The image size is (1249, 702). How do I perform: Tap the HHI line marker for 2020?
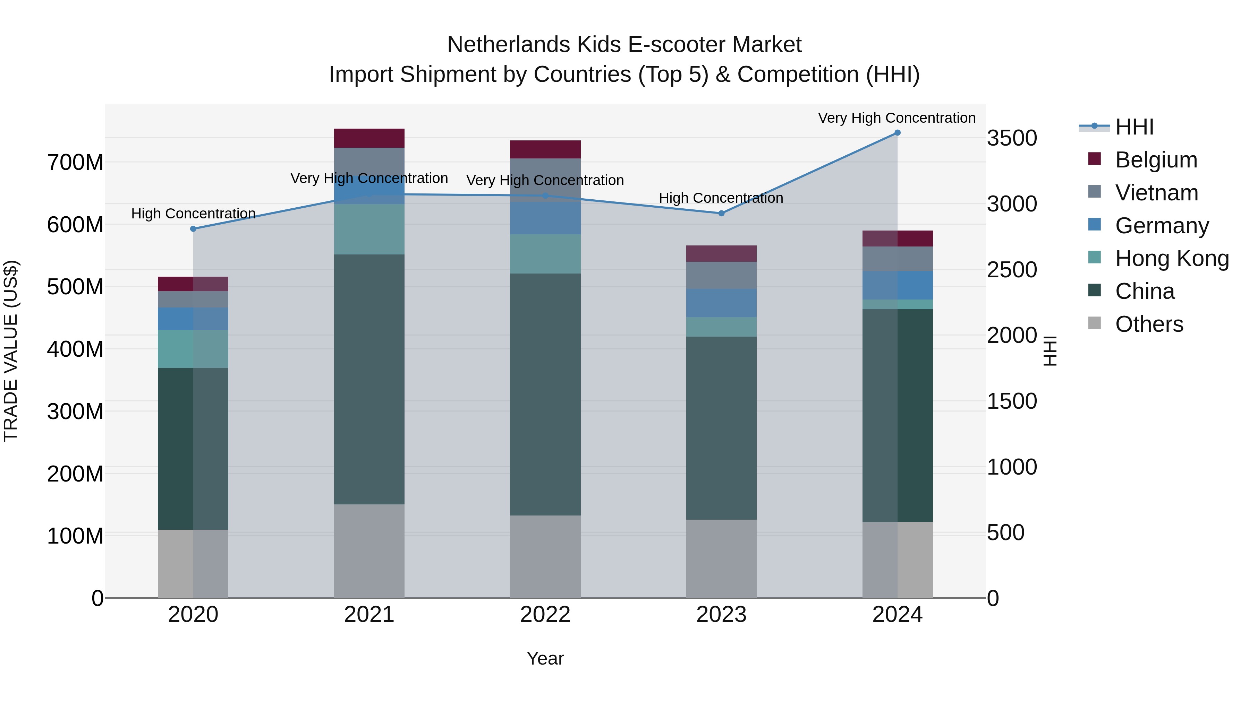point(193,229)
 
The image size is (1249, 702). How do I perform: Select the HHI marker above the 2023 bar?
point(721,213)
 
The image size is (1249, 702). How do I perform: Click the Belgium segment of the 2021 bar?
point(369,138)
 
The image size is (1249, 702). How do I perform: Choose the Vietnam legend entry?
point(1156,193)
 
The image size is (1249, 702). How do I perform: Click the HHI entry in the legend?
point(1134,127)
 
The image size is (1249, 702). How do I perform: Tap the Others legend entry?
point(1149,324)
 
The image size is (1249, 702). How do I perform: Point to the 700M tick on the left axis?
point(75,162)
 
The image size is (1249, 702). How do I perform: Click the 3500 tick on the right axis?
point(1012,138)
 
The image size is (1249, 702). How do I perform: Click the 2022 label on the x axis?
point(545,615)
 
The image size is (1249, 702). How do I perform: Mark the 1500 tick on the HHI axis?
point(1012,401)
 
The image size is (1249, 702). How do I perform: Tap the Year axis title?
point(545,658)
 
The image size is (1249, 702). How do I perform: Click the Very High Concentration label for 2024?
point(897,118)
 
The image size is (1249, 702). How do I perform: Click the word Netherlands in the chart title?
point(509,45)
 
